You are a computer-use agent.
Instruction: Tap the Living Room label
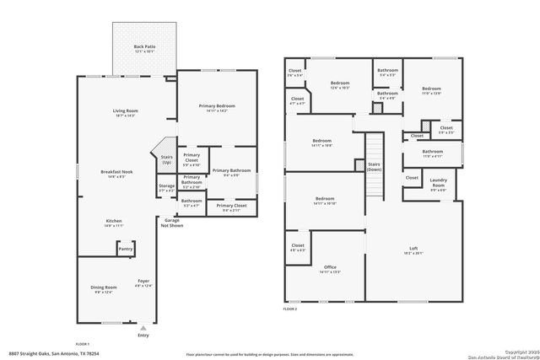[x=125, y=112]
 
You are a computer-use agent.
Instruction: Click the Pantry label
[x=126, y=249]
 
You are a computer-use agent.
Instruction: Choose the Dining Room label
[x=103, y=288]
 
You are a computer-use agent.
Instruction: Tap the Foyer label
[x=143, y=282]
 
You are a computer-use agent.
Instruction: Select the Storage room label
[x=166, y=188]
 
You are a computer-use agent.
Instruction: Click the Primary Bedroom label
[x=217, y=106]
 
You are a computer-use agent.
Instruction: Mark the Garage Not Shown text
[x=172, y=223]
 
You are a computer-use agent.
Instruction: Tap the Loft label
[x=413, y=249]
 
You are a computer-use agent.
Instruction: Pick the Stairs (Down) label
[x=374, y=167]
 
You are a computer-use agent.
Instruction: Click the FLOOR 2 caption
[x=290, y=309]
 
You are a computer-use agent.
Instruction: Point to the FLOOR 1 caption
[x=83, y=343]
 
